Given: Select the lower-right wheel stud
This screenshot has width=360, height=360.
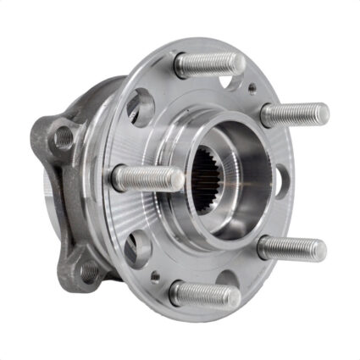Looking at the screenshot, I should point(291,247).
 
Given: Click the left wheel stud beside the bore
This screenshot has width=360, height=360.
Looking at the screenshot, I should point(146,177).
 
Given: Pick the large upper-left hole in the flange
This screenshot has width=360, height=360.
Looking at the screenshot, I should point(140,107).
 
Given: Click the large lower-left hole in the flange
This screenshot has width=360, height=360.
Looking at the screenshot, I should point(136,248).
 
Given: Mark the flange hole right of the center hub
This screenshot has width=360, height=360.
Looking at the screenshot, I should point(279,179).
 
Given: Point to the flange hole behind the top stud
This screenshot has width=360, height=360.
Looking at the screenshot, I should point(227,82).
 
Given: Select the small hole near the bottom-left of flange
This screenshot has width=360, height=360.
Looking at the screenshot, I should point(153,275).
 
